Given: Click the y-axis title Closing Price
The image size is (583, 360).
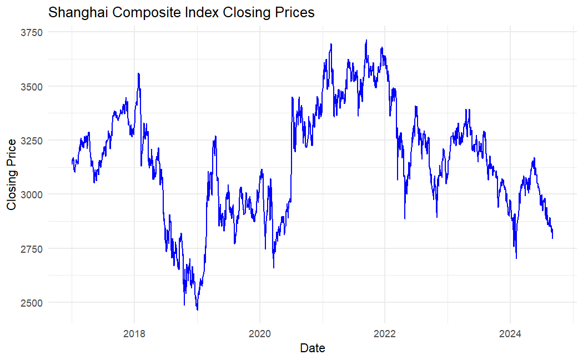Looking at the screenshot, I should [x=11, y=174].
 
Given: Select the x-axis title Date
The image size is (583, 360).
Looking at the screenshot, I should [x=312, y=348].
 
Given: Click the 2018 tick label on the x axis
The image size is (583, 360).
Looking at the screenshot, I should [x=134, y=334].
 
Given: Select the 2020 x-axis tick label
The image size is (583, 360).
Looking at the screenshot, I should [x=259, y=334].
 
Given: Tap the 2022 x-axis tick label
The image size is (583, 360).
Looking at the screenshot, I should [x=385, y=334].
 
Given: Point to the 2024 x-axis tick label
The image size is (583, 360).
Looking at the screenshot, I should [x=510, y=334].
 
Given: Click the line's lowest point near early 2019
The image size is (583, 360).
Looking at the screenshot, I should [x=197, y=309].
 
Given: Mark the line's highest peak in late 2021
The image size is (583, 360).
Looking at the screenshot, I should [x=366, y=40].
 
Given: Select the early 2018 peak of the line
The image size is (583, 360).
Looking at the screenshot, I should [x=138, y=73].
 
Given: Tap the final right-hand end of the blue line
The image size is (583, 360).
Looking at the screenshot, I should [x=552, y=238].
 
